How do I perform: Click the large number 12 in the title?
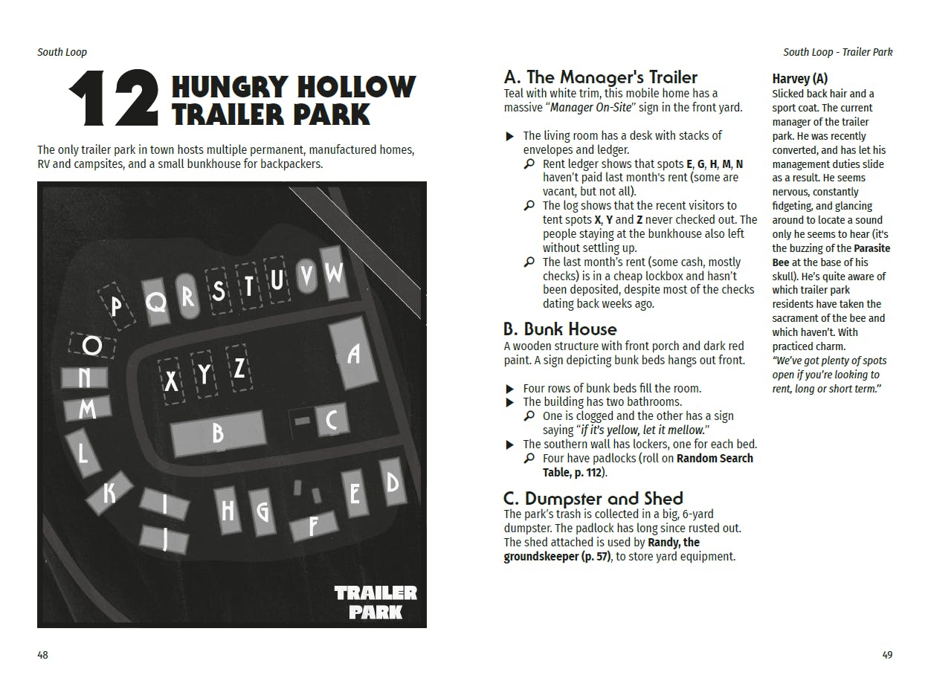point(113,99)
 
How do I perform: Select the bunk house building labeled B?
point(218,433)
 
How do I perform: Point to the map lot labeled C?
point(332,421)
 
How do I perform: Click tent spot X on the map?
point(172,381)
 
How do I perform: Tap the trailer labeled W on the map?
point(334,274)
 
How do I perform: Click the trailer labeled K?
point(109,492)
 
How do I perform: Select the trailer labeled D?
point(392,482)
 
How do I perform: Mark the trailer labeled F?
point(313,526)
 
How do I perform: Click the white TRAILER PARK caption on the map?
point(376,602)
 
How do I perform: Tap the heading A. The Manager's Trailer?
point(601,77)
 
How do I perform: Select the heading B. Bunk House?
point(560,329)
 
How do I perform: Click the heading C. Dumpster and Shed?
point(593,498)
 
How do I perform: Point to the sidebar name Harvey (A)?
point(800,78)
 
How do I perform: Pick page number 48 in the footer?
point(43,655)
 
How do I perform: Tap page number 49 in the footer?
point(886,655)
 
